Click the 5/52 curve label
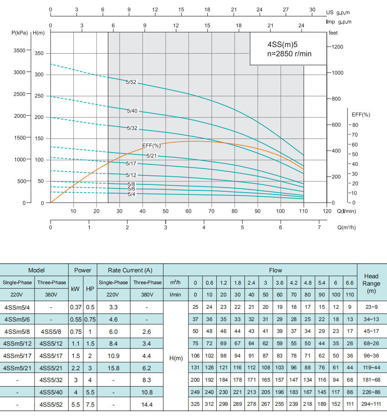(x=131, y=82)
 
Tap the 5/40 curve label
(x=132, y=111)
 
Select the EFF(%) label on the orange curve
(x=151, y=146)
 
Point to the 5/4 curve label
(x=131, y=194)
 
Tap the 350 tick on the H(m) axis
(x=39, y=54)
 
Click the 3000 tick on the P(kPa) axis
(x=19, y=72)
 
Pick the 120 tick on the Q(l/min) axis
(x=326, y=211)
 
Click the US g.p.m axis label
(x=341, y=12)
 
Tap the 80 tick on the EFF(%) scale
(x=355, y=125)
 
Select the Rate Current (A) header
(x=130, y=271)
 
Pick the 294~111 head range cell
(x=372, y=404)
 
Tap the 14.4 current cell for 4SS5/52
(x=147, y=404)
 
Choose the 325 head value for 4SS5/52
(x=195, y=404)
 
